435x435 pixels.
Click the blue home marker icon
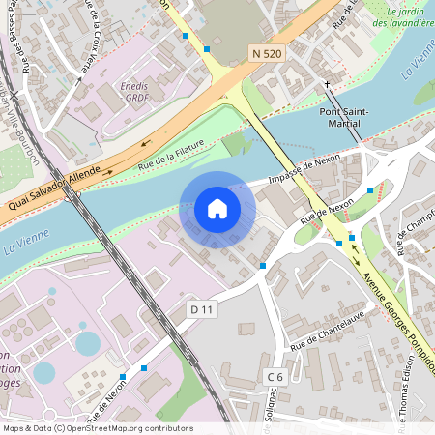217,209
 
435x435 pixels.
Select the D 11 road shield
201,308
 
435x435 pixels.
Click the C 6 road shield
275,377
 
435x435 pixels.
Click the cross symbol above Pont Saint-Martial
328,85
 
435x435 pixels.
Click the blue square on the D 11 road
263,265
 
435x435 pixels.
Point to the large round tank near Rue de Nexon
88,343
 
